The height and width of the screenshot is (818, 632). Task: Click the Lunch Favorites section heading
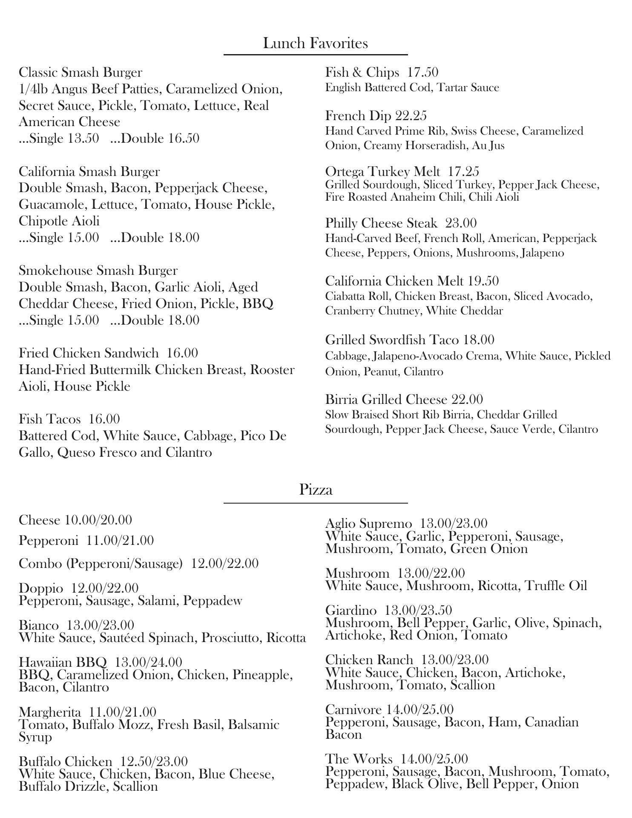315,43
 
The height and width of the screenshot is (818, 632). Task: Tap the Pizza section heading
316,489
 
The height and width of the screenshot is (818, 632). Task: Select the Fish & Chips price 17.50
422,72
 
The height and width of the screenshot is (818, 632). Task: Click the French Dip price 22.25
411,115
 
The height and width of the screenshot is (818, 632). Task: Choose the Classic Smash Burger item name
80,72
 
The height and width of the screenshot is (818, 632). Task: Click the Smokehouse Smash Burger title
98,271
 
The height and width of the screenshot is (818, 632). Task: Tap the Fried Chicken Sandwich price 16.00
182,353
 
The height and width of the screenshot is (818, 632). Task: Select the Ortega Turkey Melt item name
382,171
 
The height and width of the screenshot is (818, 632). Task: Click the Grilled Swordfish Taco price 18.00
479,340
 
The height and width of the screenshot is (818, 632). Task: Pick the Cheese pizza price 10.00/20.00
98,520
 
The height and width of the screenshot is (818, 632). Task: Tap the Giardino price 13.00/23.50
418,610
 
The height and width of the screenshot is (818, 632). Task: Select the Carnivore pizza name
353,709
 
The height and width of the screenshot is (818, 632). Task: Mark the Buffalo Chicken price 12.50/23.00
154,761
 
